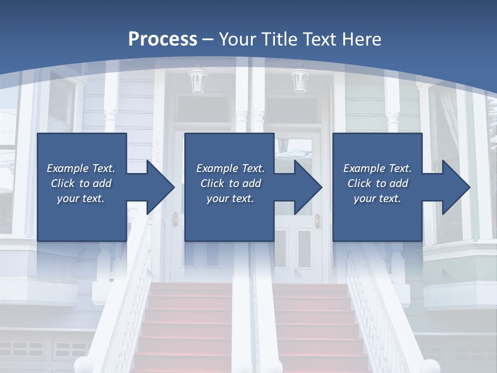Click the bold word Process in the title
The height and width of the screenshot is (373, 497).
[x=163, y=39]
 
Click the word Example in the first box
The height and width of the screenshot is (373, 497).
[x=67, y=168]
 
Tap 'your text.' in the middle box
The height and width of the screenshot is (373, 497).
[x=230, y=198]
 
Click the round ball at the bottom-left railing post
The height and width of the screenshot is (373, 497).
[x=83, y=365]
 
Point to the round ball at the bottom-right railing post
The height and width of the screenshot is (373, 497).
[x=431, y=366]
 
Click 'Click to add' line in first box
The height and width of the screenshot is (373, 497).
[x=81, y=183]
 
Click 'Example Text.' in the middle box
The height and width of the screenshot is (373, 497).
[x=230, y=168]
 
